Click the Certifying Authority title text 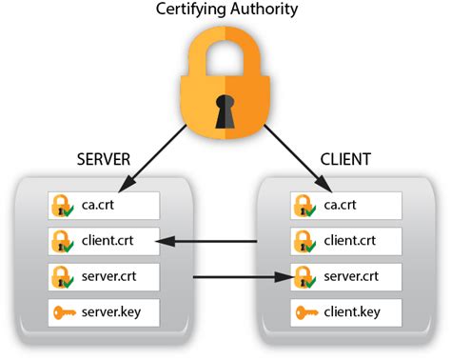coord(225,11)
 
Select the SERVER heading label coord(104,160)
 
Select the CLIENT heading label coord(345,160)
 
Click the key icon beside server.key coord(63,312)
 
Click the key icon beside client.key coord(305,312)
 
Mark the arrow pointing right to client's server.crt coord(238,277)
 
